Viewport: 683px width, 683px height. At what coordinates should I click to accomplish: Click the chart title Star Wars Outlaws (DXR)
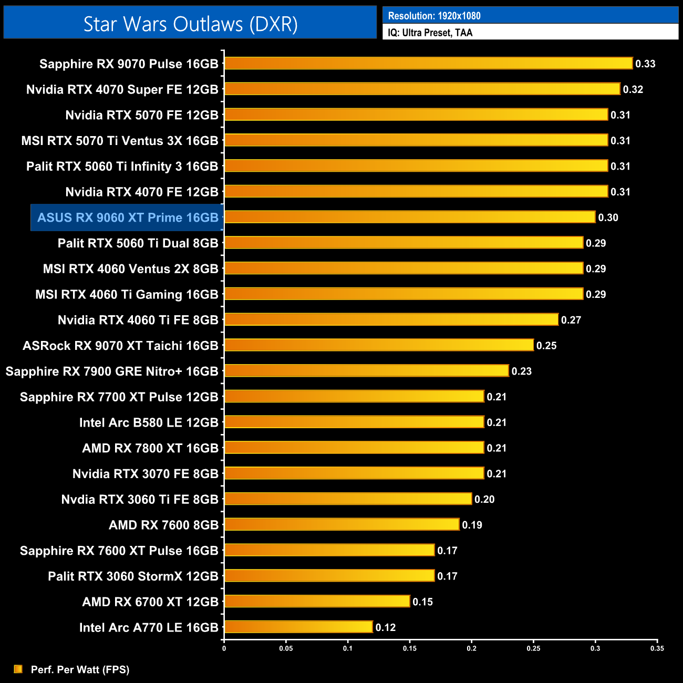[x=190, y=24]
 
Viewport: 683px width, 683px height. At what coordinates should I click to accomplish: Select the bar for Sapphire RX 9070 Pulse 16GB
[x=428, y=64]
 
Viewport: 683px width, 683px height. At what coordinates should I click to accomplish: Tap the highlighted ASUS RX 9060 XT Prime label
[x=128, y=218]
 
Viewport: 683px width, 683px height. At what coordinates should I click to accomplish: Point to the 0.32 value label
[x=633, y=89]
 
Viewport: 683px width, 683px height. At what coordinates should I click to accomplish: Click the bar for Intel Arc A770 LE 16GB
[x=298, y=627]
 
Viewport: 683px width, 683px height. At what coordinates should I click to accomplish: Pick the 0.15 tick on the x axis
[x=410, y=648]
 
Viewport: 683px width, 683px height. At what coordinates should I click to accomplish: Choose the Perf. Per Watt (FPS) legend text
[x=80, y=669]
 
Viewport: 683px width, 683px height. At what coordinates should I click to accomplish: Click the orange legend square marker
[x=18, y=669]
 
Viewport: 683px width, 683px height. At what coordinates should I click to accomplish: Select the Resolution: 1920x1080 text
[x=434, y=16]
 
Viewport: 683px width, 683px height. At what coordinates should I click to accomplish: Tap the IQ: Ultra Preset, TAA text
[x=430, y=33]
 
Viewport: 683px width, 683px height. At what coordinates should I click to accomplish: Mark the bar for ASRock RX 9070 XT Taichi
[x=379, y=345]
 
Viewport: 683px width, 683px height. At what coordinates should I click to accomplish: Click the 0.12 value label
[x=386, y=627]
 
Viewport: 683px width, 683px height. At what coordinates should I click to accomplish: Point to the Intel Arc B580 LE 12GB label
[x=149, y=422]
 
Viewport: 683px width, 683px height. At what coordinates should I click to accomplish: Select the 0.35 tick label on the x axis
[x=657, y=648]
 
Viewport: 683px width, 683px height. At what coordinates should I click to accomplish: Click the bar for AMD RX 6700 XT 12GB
[x=317, y=602]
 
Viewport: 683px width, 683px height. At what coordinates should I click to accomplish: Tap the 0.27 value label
[x=571, y=320]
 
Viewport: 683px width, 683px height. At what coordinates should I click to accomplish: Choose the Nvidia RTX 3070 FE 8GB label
[x=145, y=474]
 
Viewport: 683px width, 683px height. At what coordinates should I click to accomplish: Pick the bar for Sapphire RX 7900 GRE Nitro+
[x=366, y=371]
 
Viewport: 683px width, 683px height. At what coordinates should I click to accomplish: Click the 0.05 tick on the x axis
[x=286, y=648]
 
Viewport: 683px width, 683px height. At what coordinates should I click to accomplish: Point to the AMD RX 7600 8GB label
[x=163, y=525]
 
